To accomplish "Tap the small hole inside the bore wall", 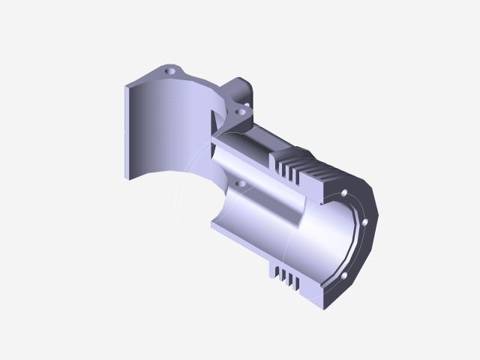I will point(240,182).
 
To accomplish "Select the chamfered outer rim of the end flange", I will point(375,217).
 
